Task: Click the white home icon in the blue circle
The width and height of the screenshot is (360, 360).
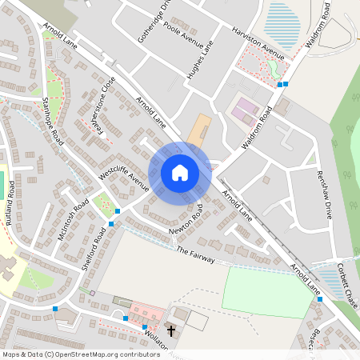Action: (180, 173)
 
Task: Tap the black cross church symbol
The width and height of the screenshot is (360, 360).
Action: (170, 330)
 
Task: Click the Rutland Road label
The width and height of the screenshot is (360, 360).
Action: (10, 204)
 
